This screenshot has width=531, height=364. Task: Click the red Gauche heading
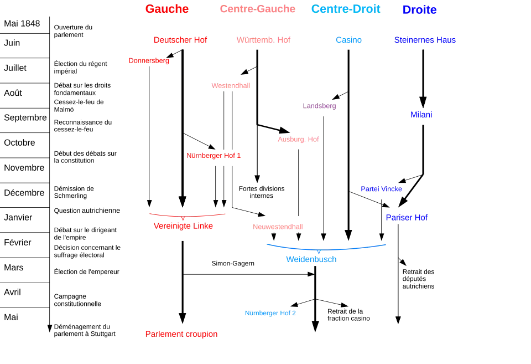click(166, 9)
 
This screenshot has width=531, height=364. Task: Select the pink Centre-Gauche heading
click(257, 9)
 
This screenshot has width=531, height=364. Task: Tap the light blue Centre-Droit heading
click(345, 9)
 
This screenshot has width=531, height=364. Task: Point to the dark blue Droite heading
click(419, 10)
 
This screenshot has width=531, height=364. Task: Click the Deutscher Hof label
click(180, 40)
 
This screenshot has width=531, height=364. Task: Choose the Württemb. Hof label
click(263, 40)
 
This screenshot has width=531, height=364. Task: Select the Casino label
click(348, 40)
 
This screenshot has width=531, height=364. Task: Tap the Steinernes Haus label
click(424, 40)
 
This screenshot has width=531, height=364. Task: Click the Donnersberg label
click(149, 61)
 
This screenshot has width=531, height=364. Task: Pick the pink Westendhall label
click(230, 85)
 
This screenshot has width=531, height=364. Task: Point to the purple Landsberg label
click(319, 106)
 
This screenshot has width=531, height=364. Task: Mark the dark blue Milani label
click(420, 115)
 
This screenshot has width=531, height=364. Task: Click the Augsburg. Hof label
click(299, 139)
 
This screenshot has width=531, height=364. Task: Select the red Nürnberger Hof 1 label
click(214, 156)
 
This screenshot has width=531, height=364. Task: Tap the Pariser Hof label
click(407, 217)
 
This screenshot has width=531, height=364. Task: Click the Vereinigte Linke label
click(183, 226)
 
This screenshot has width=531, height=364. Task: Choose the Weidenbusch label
click(311, 259)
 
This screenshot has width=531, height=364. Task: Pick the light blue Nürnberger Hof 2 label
click(270, 314)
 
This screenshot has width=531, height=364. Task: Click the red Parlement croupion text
click(181, 334)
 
